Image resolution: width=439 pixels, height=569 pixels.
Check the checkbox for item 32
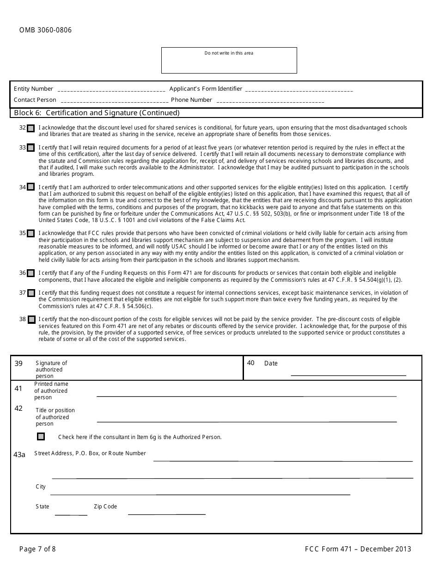pos(30,128)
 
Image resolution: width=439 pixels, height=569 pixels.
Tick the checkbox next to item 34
pos(30,187)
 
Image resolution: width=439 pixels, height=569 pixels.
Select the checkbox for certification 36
pos(30,273)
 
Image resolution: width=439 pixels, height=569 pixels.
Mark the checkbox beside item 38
pos(31,319)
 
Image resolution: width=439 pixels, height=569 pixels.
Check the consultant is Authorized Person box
pos(41,437)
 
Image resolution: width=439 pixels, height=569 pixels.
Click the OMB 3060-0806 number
pos(45,31)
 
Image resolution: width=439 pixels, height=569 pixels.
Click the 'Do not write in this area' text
pos(229,53)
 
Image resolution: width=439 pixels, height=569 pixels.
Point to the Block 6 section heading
pos(97,113)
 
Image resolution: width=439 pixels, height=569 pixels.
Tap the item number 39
pos(18,364)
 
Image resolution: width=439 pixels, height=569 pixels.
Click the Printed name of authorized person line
pos(246,396)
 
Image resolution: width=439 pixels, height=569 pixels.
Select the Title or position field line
pos(246,421)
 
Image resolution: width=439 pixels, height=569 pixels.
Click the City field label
pos(41,487)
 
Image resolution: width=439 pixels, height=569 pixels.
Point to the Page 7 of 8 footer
pos(37,549)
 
